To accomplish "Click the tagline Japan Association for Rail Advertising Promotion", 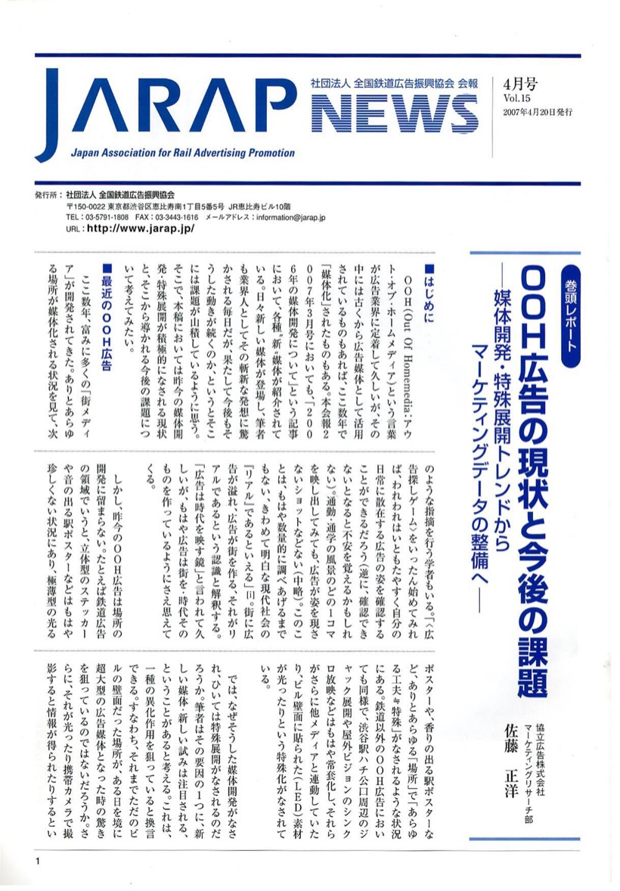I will [181, 153].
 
